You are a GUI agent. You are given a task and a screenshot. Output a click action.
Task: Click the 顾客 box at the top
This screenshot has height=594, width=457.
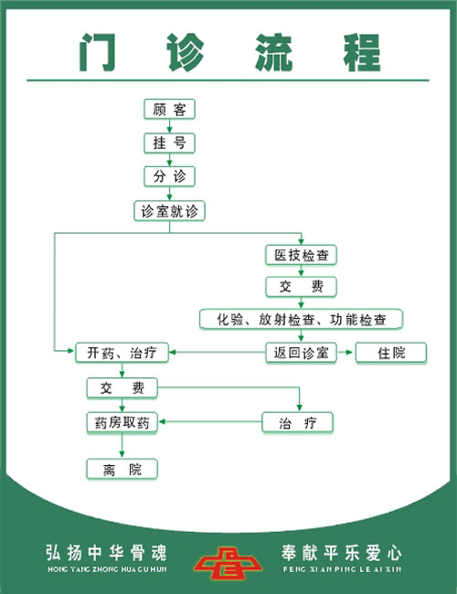pyautogui.click(x=169, y=110)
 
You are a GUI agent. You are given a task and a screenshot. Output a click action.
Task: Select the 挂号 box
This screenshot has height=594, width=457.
pyautogui.click(x=169, y=143)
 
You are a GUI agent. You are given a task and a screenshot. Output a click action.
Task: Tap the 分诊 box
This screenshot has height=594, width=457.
pyautogui.click(x=169, y=176)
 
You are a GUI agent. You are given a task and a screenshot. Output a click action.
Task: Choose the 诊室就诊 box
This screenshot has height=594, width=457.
pyautogui.click(x=169, y=211)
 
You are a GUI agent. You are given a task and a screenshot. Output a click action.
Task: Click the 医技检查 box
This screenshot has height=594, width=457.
pyautogui.click(x=302, y=255)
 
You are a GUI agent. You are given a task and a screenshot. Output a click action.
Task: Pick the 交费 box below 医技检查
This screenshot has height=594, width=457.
pyautogui.click(x=302, y=287)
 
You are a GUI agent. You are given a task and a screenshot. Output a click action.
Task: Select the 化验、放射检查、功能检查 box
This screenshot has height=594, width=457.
pyautogui.click(x=302, y=319)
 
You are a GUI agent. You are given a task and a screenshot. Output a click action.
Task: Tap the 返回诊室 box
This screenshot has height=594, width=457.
pyautogui.click(x=302, y=353)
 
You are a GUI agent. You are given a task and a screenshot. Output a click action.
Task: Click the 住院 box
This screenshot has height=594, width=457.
pyautogui.click(x=391, y=353)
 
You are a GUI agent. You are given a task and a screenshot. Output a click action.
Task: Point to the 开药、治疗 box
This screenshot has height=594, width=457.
pyautogui.click(x=122, y=353)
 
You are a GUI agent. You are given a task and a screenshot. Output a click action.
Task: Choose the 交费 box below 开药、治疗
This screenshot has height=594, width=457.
pyautogui.click(x=122, y=387)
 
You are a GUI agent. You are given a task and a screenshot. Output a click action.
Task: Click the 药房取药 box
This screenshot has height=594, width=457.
pyautogui.click(x=122, y=422)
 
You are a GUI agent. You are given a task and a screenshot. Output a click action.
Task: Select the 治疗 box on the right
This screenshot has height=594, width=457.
pyautogui.click(x=297, y=422)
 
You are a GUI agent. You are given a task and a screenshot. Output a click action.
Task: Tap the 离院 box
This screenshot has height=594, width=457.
pyautogui.click(x=122, y=469)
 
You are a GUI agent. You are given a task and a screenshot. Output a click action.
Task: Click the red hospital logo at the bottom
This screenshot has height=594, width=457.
pyautogui.click(x=228, y=563)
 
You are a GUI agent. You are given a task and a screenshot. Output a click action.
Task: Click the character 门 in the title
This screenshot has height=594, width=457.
pyautogui.click(x=97, y=52)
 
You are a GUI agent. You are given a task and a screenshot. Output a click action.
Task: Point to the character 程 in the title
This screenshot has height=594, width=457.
pyautogui.click(x=362, y=52)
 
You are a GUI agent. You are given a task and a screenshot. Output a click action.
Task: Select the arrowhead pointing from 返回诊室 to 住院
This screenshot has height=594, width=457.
pyautogui.click(x=349, y=353)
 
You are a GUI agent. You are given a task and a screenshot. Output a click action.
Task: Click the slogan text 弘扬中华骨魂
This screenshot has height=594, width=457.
pyautogui.click(x=107, y=552)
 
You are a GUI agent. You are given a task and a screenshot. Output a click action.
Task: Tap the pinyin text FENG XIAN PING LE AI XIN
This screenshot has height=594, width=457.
pyautogui.click(x=342, y=569)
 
